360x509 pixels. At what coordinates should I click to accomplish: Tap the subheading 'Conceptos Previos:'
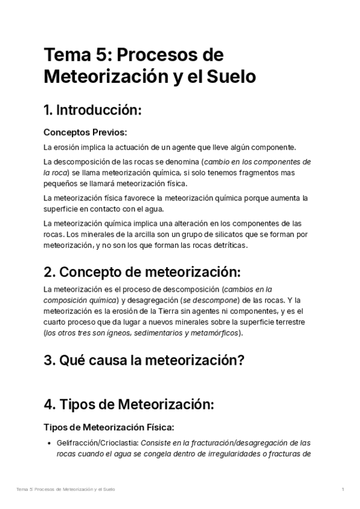pos(85,132)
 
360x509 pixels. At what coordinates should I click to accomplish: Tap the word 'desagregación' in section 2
pos(157,300)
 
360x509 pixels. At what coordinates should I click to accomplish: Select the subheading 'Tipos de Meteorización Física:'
pos(109,427)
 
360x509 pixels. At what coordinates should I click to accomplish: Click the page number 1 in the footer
pos(343,490)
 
